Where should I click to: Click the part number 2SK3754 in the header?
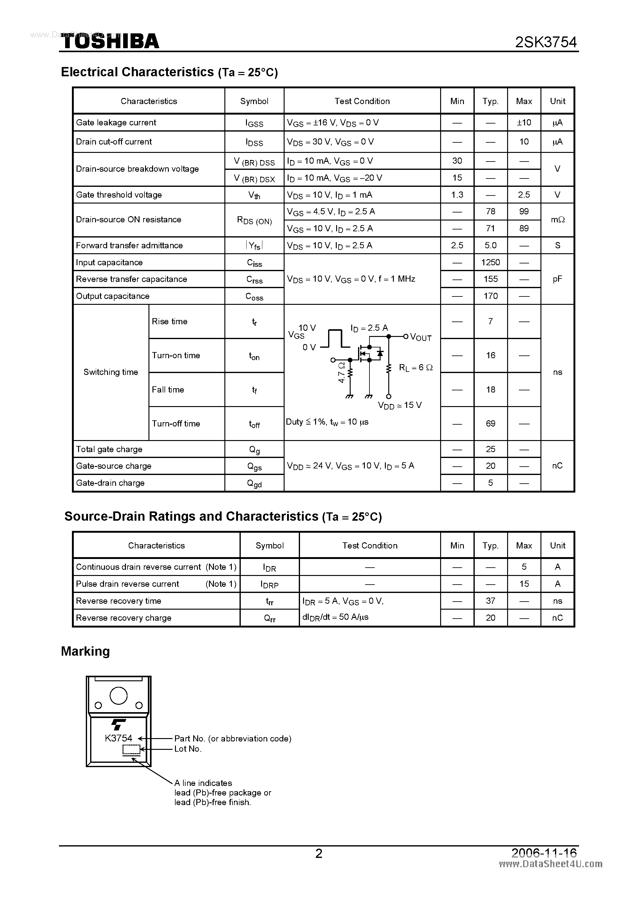pyautogui.click(x=546, y=42)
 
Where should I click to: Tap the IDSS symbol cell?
pyautogui.click(x=254, y=142)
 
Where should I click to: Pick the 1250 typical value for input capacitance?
pyautogui.click(x=490, y=262)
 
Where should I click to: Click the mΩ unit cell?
pyautogui.click(x=557, y=220)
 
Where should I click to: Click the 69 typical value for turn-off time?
pyautogui.click(x=490, y=424)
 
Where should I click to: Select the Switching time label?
pyautogui.click(x=111, y=372)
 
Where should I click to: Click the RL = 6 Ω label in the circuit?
pyautogui.click(x=415, y=367)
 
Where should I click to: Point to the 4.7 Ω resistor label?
pyautogui.click(x=341, y=372)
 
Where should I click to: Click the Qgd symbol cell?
pyautogui.click(x=254, y=483)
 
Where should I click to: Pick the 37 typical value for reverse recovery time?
pyautogui.click(x=490, y=601)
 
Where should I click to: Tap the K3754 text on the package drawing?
pyautogui.click(x=118, y=738)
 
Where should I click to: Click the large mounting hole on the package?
pyautogui.click(x=118, y=695)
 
